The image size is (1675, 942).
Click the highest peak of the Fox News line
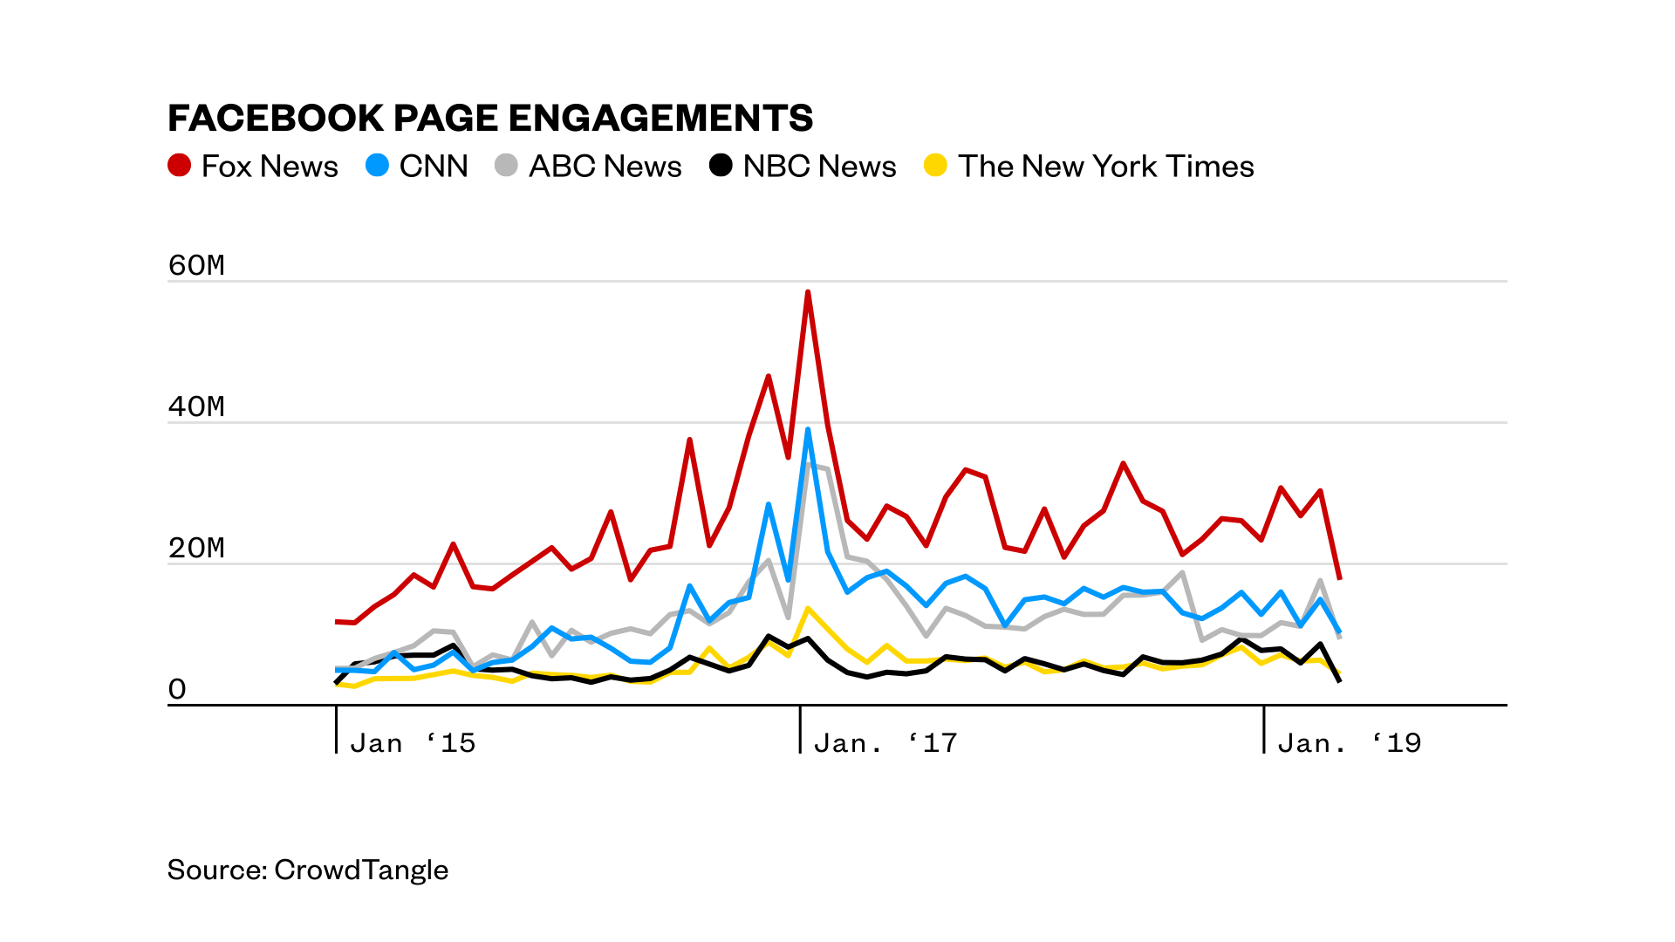[808, 293]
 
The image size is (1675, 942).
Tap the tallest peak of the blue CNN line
[808, 430]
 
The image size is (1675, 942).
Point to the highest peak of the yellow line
[809, 608]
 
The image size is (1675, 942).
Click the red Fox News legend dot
[180, 166]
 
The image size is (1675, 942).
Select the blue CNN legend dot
[377, 166]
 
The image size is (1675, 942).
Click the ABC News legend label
[605, 167]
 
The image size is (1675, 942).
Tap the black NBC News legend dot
[721, 166]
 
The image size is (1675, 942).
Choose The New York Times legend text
[1105, 167]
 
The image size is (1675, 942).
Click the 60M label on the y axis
[196, 265]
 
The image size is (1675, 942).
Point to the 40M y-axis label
[196, 406]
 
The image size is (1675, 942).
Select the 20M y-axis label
[196, 548]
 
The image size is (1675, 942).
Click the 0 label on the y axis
[177, 690]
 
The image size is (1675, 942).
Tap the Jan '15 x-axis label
[413, 743]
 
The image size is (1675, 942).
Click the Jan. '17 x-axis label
[885, 743]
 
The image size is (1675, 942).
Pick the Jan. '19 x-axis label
[1350, 743]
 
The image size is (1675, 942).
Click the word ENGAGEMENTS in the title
[660, 119]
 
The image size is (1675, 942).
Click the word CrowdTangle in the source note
[361, 870]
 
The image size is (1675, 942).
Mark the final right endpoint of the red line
[1340, 578]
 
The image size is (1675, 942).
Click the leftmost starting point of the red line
[337, 621]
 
